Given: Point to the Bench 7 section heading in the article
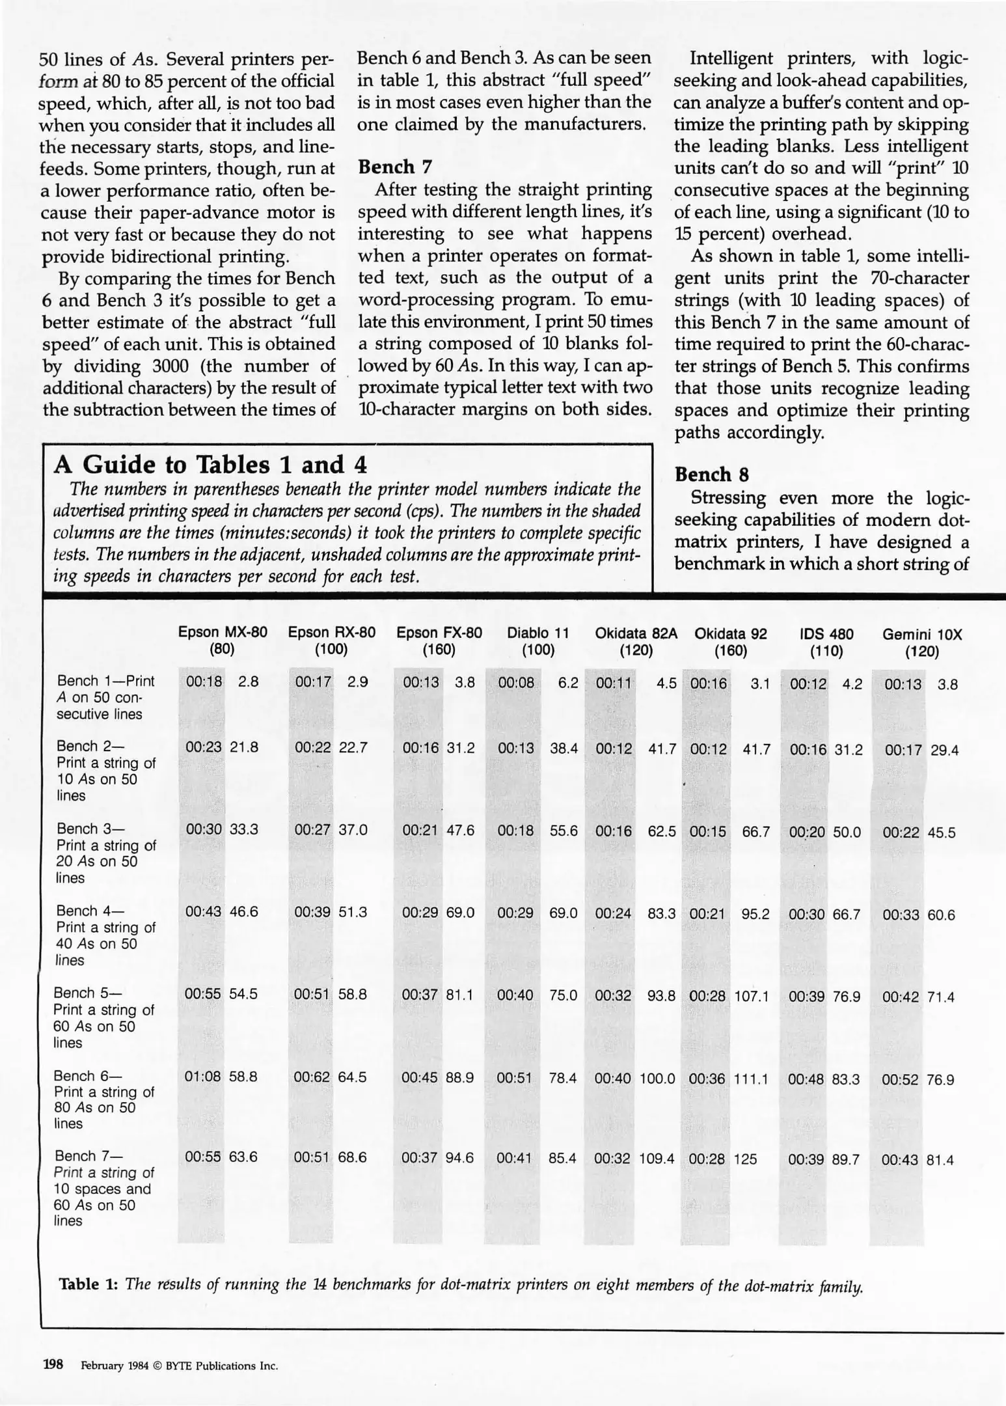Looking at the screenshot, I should (395, 167).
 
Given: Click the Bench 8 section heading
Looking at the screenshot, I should (711, 475).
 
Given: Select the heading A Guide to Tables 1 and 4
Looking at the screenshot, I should (210, 465).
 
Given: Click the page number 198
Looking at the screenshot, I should (53, 1364).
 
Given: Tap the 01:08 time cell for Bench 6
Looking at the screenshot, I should (202, 1077).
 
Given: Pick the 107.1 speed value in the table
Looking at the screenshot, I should (752, 996).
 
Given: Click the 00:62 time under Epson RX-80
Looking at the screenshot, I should (312, 1077).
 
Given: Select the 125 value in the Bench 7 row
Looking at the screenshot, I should (746, 1159).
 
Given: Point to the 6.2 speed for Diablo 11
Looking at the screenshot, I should (568, 683).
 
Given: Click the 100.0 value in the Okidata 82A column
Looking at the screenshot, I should (657, 1079).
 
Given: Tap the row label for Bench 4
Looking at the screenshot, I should (105, 935).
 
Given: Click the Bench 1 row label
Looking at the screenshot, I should (105, 697).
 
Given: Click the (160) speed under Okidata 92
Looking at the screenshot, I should (730, 650).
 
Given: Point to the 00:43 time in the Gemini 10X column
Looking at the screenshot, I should (900, 1159).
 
